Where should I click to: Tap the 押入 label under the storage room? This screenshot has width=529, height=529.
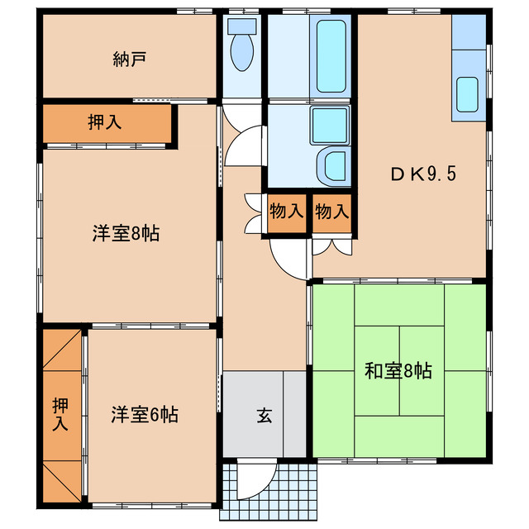(105, 122)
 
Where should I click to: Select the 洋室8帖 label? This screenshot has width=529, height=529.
(125, 233)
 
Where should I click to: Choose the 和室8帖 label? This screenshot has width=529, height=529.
(398, 370)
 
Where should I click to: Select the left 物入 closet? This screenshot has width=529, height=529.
(287, 212)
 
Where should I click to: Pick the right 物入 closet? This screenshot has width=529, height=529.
(331, 212)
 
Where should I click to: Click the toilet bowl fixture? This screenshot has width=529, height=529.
(242, 51)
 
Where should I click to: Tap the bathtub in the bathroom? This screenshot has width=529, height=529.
(331, 55)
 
